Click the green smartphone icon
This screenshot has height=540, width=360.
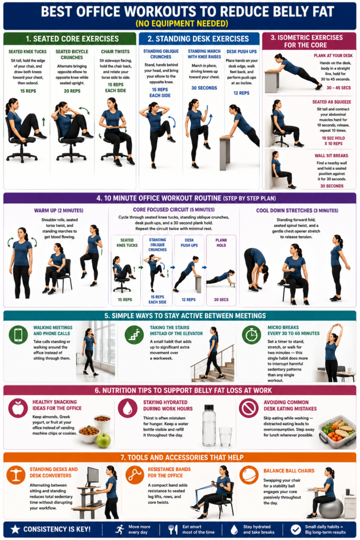(18, 335)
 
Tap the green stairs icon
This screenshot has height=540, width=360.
(134, 335)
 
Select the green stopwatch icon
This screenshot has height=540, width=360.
(251, 335)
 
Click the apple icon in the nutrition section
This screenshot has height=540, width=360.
(18, 408)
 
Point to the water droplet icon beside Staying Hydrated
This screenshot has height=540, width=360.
(128, 408)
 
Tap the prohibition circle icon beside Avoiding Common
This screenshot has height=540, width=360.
(248, 408)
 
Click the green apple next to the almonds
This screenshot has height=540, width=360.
(103, 440)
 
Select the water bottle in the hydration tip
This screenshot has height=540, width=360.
(209, 426)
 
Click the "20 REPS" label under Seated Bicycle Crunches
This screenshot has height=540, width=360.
(72, 91)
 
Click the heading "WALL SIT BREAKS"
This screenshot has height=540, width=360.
(331, 156)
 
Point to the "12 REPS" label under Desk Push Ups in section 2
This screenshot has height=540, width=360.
(241, 93)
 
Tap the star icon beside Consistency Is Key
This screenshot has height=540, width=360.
(15, 529)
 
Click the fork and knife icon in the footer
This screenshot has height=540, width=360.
(172, 529)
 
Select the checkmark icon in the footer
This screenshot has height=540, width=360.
(295, 529)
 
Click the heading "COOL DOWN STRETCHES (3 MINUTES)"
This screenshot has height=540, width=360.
(297, 210)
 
